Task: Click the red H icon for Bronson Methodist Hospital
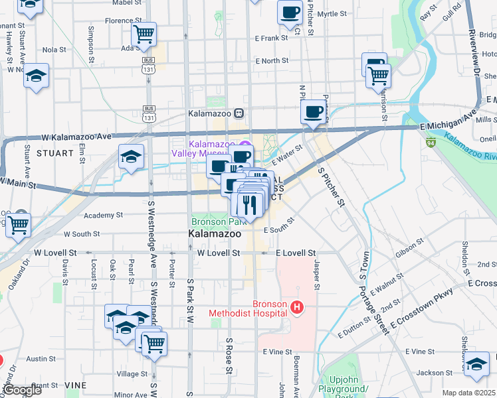297,308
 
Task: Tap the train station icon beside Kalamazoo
239,113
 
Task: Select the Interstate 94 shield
431,142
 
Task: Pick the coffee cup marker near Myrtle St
290,13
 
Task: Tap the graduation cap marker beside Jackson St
476,365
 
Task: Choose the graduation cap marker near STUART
131,157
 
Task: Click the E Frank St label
270,38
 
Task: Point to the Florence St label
120,21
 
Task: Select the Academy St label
100,215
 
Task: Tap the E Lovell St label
295,253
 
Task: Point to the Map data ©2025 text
468,393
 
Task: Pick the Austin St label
41,359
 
